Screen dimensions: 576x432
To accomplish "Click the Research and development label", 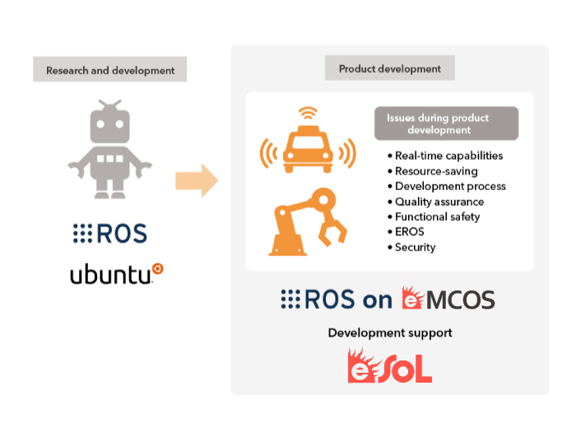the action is coord(109,69).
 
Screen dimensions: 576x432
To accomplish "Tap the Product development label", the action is coord(390,68).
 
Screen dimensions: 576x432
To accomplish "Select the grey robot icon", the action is coord(109,149).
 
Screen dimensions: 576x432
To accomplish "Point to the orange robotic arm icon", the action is coord(308,222).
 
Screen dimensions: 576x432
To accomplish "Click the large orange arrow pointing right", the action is coord(197,180).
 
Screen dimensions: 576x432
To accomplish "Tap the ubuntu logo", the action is coord(117,274).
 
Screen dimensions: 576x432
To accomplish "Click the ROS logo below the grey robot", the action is coord(109,233).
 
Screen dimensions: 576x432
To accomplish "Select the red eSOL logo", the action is coord(390,365).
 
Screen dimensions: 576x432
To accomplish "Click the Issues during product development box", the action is coord(446,123).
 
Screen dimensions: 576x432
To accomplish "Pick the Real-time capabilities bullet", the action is coord(445,156).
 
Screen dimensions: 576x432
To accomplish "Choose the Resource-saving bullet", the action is coord(433,171).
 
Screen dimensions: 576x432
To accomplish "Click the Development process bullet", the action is coord(447,186).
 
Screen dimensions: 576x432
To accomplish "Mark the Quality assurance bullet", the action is coord(435,202).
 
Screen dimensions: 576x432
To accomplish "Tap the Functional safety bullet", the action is coord(434,216).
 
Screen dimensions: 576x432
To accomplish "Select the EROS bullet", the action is coord(406,232).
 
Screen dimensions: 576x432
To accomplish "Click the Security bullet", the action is coord(411,247).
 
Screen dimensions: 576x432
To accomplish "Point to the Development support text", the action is coord(390,332).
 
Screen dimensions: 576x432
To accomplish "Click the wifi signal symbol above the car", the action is coord(308,113).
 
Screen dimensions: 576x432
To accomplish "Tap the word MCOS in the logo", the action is coord(460,300).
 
